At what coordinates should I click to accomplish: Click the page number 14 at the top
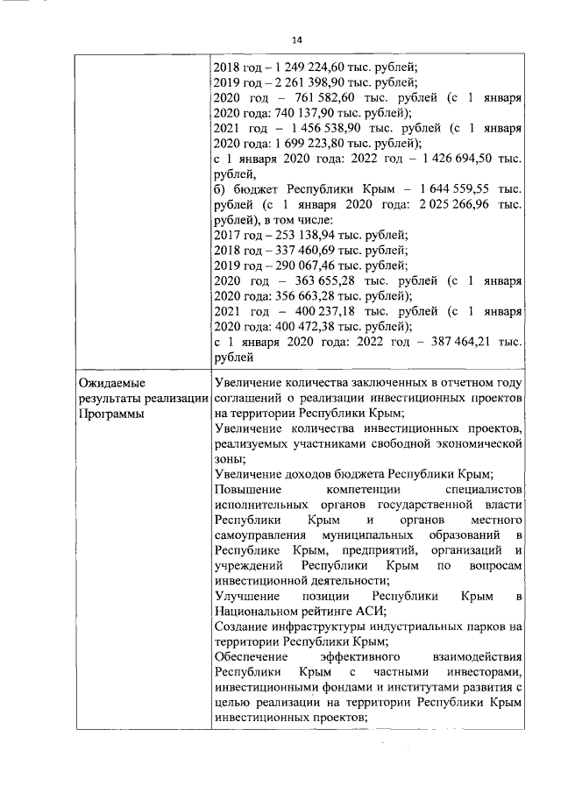[297, 41]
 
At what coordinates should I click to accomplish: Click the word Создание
[242, 627]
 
